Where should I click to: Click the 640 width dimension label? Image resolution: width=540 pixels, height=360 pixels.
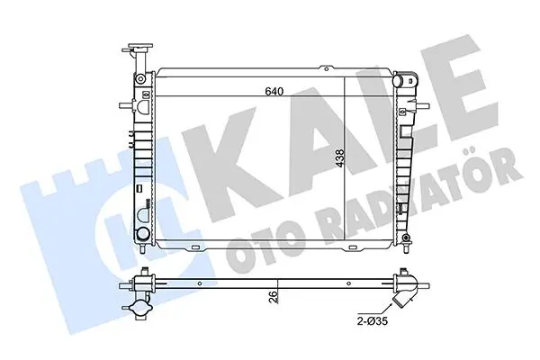click(274, 91)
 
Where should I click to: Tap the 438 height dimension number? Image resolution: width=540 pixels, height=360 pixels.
click(339, 158)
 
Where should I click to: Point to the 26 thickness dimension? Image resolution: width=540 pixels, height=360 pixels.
click(272, 297)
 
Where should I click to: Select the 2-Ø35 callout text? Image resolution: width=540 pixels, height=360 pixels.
click(372, 321)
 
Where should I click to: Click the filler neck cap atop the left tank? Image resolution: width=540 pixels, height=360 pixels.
click(140, 47)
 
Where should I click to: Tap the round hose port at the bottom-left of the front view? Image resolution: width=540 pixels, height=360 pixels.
click(141, 234)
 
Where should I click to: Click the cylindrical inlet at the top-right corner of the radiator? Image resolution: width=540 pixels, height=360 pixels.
click(398, 81)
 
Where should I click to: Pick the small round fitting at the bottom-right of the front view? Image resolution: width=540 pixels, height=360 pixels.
click(407, 238)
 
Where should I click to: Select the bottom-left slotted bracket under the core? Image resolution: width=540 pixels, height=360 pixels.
click(195, 247)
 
